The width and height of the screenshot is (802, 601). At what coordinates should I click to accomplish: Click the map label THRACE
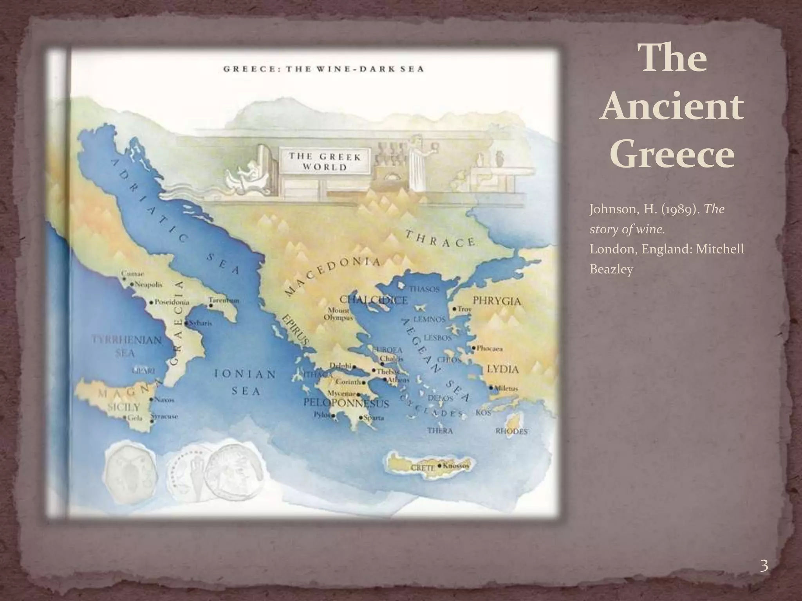[x=441, y=238]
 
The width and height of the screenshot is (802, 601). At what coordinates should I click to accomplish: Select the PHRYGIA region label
[x=497, y=301]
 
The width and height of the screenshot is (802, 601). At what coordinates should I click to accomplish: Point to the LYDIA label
[x=503, y=369]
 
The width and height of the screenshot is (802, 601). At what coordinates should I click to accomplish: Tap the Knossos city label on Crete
[x=455, y=466]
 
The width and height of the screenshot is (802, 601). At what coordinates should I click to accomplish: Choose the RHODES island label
[x=511, y=431]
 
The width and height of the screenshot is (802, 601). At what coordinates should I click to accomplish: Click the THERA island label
[x=440, y=431]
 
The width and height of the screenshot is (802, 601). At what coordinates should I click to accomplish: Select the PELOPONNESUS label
[x=346, y=403]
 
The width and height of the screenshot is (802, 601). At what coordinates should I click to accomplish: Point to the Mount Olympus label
[x=338, y=314]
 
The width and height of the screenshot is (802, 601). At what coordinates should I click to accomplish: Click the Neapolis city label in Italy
[x=148, y=284]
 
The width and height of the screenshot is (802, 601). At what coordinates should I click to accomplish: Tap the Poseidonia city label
[x=172, y=302]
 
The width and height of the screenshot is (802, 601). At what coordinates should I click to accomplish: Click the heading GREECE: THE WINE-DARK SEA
[x=323, y=69]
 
